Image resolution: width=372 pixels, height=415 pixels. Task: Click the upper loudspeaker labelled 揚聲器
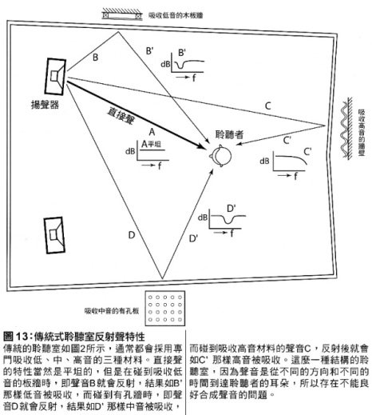point(56,76)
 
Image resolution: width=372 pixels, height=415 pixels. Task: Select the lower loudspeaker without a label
point(54,235)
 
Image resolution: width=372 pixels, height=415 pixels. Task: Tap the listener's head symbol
point(221,156)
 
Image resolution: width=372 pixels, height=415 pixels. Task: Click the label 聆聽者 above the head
point(229,134)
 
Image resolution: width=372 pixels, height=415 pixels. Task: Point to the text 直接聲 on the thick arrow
point(121,116)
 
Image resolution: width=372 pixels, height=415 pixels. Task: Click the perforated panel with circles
point(165,308)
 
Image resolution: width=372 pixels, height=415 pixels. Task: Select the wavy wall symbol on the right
point(346,129)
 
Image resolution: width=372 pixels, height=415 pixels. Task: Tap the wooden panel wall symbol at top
point(121,13)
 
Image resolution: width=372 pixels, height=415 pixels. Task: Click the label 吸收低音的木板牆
point(176,15)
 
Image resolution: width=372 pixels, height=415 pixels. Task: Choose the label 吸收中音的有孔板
point(112,311)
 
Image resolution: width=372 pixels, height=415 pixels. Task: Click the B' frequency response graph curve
point(189,65)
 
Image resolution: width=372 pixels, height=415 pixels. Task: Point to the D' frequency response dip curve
point(228,219)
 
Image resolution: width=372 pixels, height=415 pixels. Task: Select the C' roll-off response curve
point(291,159)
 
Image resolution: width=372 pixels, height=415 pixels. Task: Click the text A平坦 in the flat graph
point(151,144)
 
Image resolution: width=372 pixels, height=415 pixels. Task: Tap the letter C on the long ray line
point(268,106)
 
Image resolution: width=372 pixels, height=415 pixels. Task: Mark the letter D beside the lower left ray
point(132,235)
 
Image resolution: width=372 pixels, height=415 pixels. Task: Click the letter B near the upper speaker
point(95,57)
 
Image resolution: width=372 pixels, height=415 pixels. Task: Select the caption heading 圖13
point(16,337)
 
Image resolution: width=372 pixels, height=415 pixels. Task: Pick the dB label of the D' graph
point(203,217)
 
